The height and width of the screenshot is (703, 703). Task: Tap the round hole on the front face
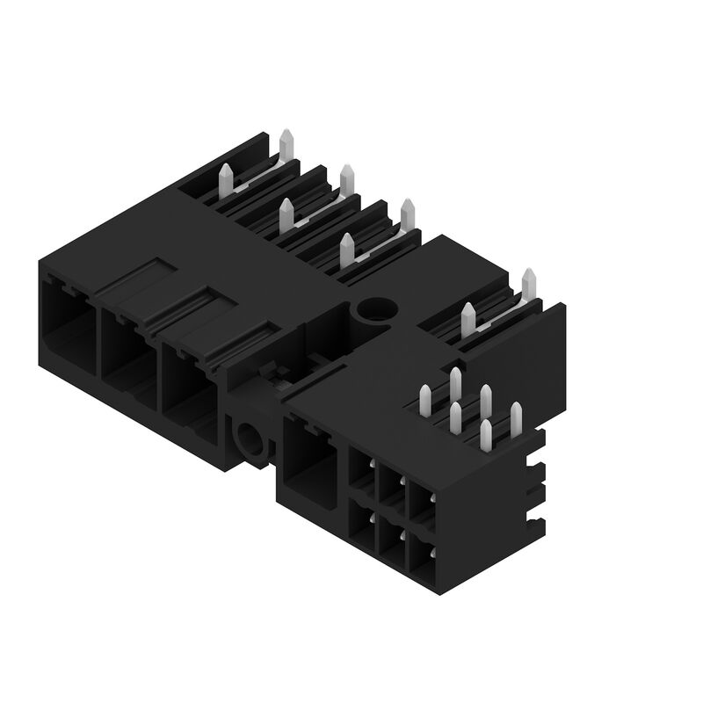pos(249,435)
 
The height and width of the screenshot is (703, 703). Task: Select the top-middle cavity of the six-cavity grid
pos(391,489)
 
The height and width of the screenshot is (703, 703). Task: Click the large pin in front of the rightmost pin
pos(468,318)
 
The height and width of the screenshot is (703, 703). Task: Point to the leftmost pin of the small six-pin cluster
pos(426,400)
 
